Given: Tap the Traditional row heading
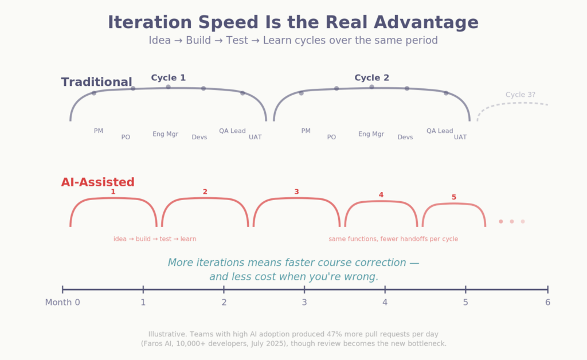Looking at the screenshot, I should [x=96, y=82].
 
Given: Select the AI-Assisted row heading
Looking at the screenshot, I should [x=97, y=182].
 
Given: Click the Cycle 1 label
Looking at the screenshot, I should [x=168, y=78].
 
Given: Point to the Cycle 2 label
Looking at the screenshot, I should [x=371, y=78].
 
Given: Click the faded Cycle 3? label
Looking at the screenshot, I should [x=521, y=95].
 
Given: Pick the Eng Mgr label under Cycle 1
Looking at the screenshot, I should [x=165, y=134].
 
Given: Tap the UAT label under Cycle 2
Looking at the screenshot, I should [x=460, y=137].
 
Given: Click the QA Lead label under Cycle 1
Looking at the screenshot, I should [x=232, y=131].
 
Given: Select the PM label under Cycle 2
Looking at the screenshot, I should [x=306, y=131].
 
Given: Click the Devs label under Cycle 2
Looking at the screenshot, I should [x=405, y=137].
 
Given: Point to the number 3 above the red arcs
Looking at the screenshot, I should [x=296, y=191].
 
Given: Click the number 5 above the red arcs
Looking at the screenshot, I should [x=453, y=197].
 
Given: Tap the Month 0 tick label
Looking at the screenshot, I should [x=62, y=302].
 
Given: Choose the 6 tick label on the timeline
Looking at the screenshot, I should [x=547, y=302].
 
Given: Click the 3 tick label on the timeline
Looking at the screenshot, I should [x=304, y=302].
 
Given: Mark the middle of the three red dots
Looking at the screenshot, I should [x=511, y=221].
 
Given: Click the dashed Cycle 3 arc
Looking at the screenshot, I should [x=513, y=103].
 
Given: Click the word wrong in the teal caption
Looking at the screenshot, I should [x=363, y=276].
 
